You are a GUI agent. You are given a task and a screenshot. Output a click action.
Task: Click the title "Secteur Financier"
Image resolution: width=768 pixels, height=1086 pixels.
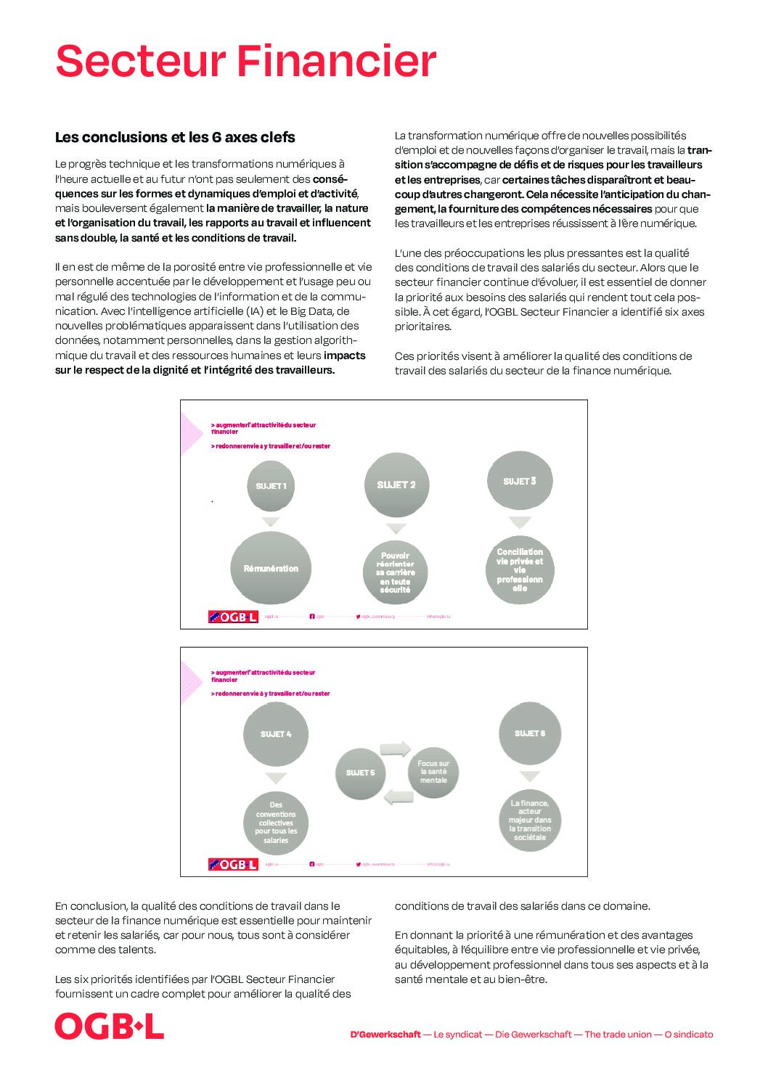point(245,61)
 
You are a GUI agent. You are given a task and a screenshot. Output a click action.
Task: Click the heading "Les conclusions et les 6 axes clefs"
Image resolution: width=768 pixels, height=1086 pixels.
point(175,137)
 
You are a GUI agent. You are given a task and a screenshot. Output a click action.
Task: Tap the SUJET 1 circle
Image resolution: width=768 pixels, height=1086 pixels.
point(271,485)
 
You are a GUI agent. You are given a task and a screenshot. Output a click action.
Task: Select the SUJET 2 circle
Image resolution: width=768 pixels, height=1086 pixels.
point(396,485)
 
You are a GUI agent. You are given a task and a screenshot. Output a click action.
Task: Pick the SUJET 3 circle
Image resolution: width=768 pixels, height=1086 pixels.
point(520,481)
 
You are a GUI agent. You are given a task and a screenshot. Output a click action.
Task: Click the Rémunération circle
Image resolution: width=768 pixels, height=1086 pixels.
point(271,568)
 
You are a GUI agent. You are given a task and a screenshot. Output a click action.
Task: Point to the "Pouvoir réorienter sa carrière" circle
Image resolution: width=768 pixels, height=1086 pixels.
point(396,572)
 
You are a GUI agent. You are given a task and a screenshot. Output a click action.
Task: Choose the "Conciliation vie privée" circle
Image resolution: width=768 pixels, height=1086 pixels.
point(520,570)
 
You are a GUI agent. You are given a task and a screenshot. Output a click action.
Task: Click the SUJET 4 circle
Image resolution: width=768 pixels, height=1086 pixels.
point(276,733)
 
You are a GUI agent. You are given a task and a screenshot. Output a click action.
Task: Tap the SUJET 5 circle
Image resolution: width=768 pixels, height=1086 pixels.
point(361,773)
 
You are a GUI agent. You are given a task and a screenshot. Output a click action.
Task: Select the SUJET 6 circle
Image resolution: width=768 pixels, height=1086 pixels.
point(530,733)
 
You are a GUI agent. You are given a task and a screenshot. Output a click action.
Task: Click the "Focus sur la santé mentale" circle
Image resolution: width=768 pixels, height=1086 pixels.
point(433,772)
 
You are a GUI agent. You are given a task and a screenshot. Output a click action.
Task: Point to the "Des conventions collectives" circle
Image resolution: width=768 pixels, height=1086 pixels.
point(276,823)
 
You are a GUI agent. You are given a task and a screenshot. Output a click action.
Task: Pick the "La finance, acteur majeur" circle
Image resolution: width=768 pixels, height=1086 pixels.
point(530,820)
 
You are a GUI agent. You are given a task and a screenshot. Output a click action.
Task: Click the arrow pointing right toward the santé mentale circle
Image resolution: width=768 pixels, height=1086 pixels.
point(396,749)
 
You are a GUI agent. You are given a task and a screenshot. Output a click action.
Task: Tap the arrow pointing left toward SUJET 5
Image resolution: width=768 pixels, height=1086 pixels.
point(398,797)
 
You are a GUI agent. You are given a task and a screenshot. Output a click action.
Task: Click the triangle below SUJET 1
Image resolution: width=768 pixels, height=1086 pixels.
point(271,522)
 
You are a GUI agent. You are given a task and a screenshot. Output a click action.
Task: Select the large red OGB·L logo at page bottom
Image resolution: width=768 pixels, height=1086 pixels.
point(110,1027)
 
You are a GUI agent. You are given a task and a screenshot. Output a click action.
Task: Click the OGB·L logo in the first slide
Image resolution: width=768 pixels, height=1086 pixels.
point(233,617)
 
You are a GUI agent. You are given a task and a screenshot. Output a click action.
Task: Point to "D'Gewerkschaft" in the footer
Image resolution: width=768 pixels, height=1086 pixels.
point(385,1034)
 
